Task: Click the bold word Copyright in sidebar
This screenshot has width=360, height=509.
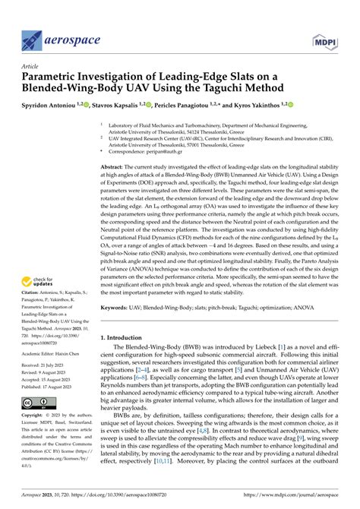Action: click(36, 416)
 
